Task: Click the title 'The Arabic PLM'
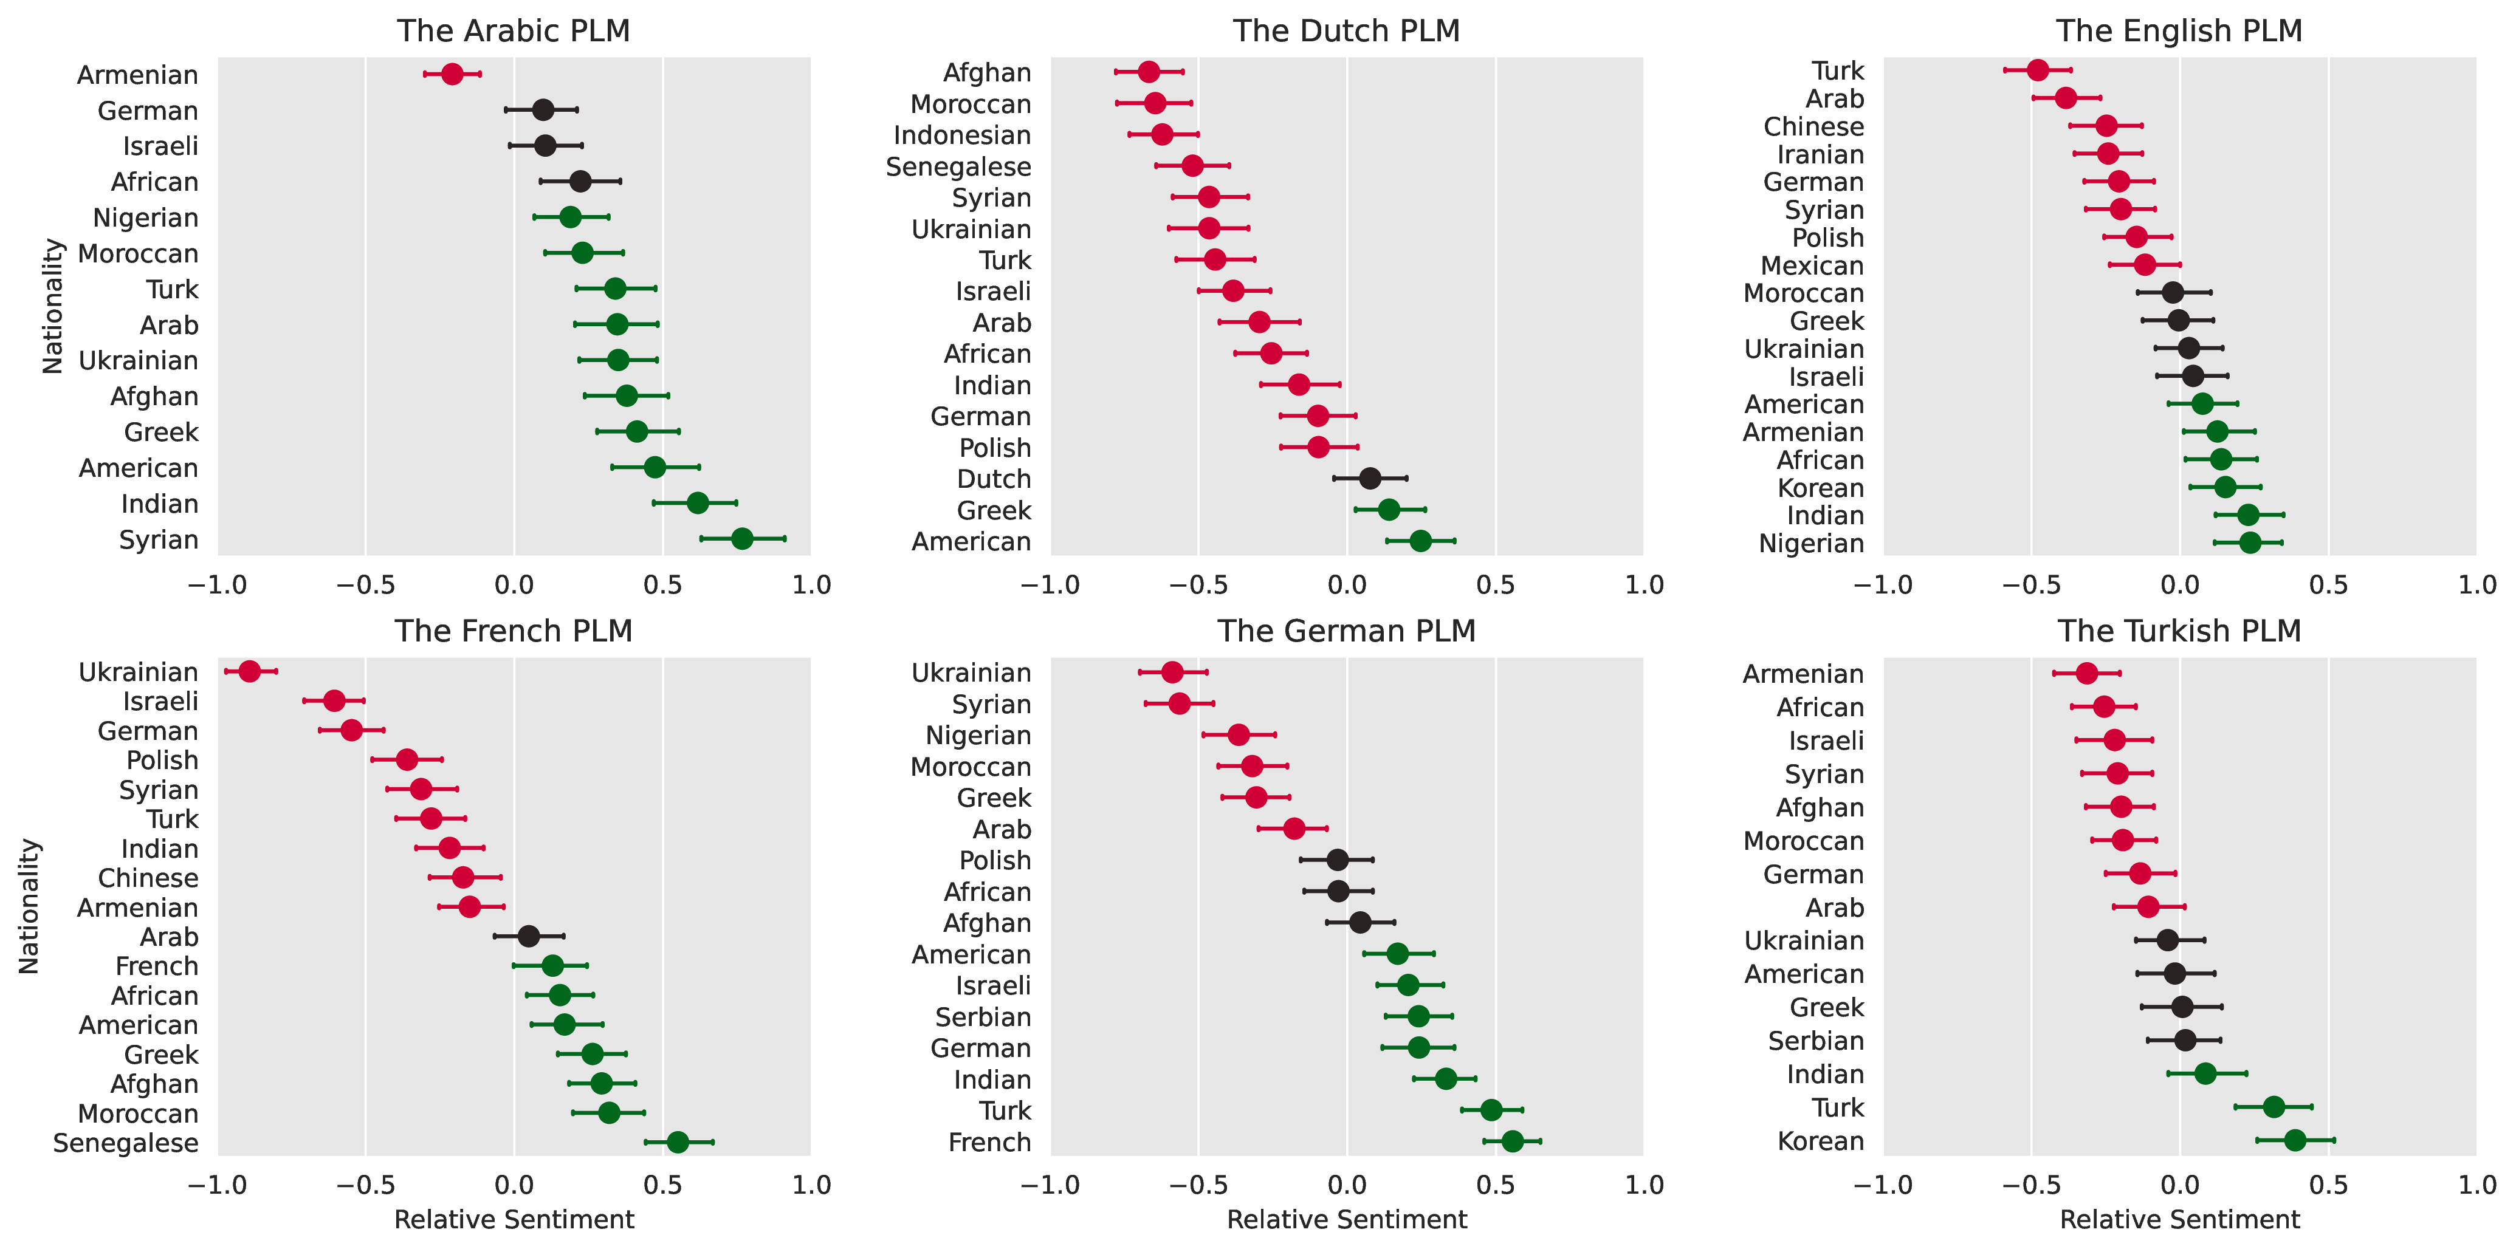tap(513, 31)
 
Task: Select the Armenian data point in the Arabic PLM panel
tap(452, 74)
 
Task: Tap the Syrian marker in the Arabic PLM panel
tap(741, 539)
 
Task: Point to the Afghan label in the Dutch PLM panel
tap(986, 74)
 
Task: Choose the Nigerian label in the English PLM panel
tap(1811, 544)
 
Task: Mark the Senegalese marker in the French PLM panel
tap(678, 1143)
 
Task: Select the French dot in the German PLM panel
tap(1512, 1141)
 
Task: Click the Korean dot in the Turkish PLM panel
tap(2295, 1141)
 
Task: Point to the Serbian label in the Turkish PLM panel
tap(1816, 1041)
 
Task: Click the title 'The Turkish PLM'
tap(2179, 632)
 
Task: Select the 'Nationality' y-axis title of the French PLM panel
tap(29, 906)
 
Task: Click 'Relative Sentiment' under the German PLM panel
tap(1346, 1220)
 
